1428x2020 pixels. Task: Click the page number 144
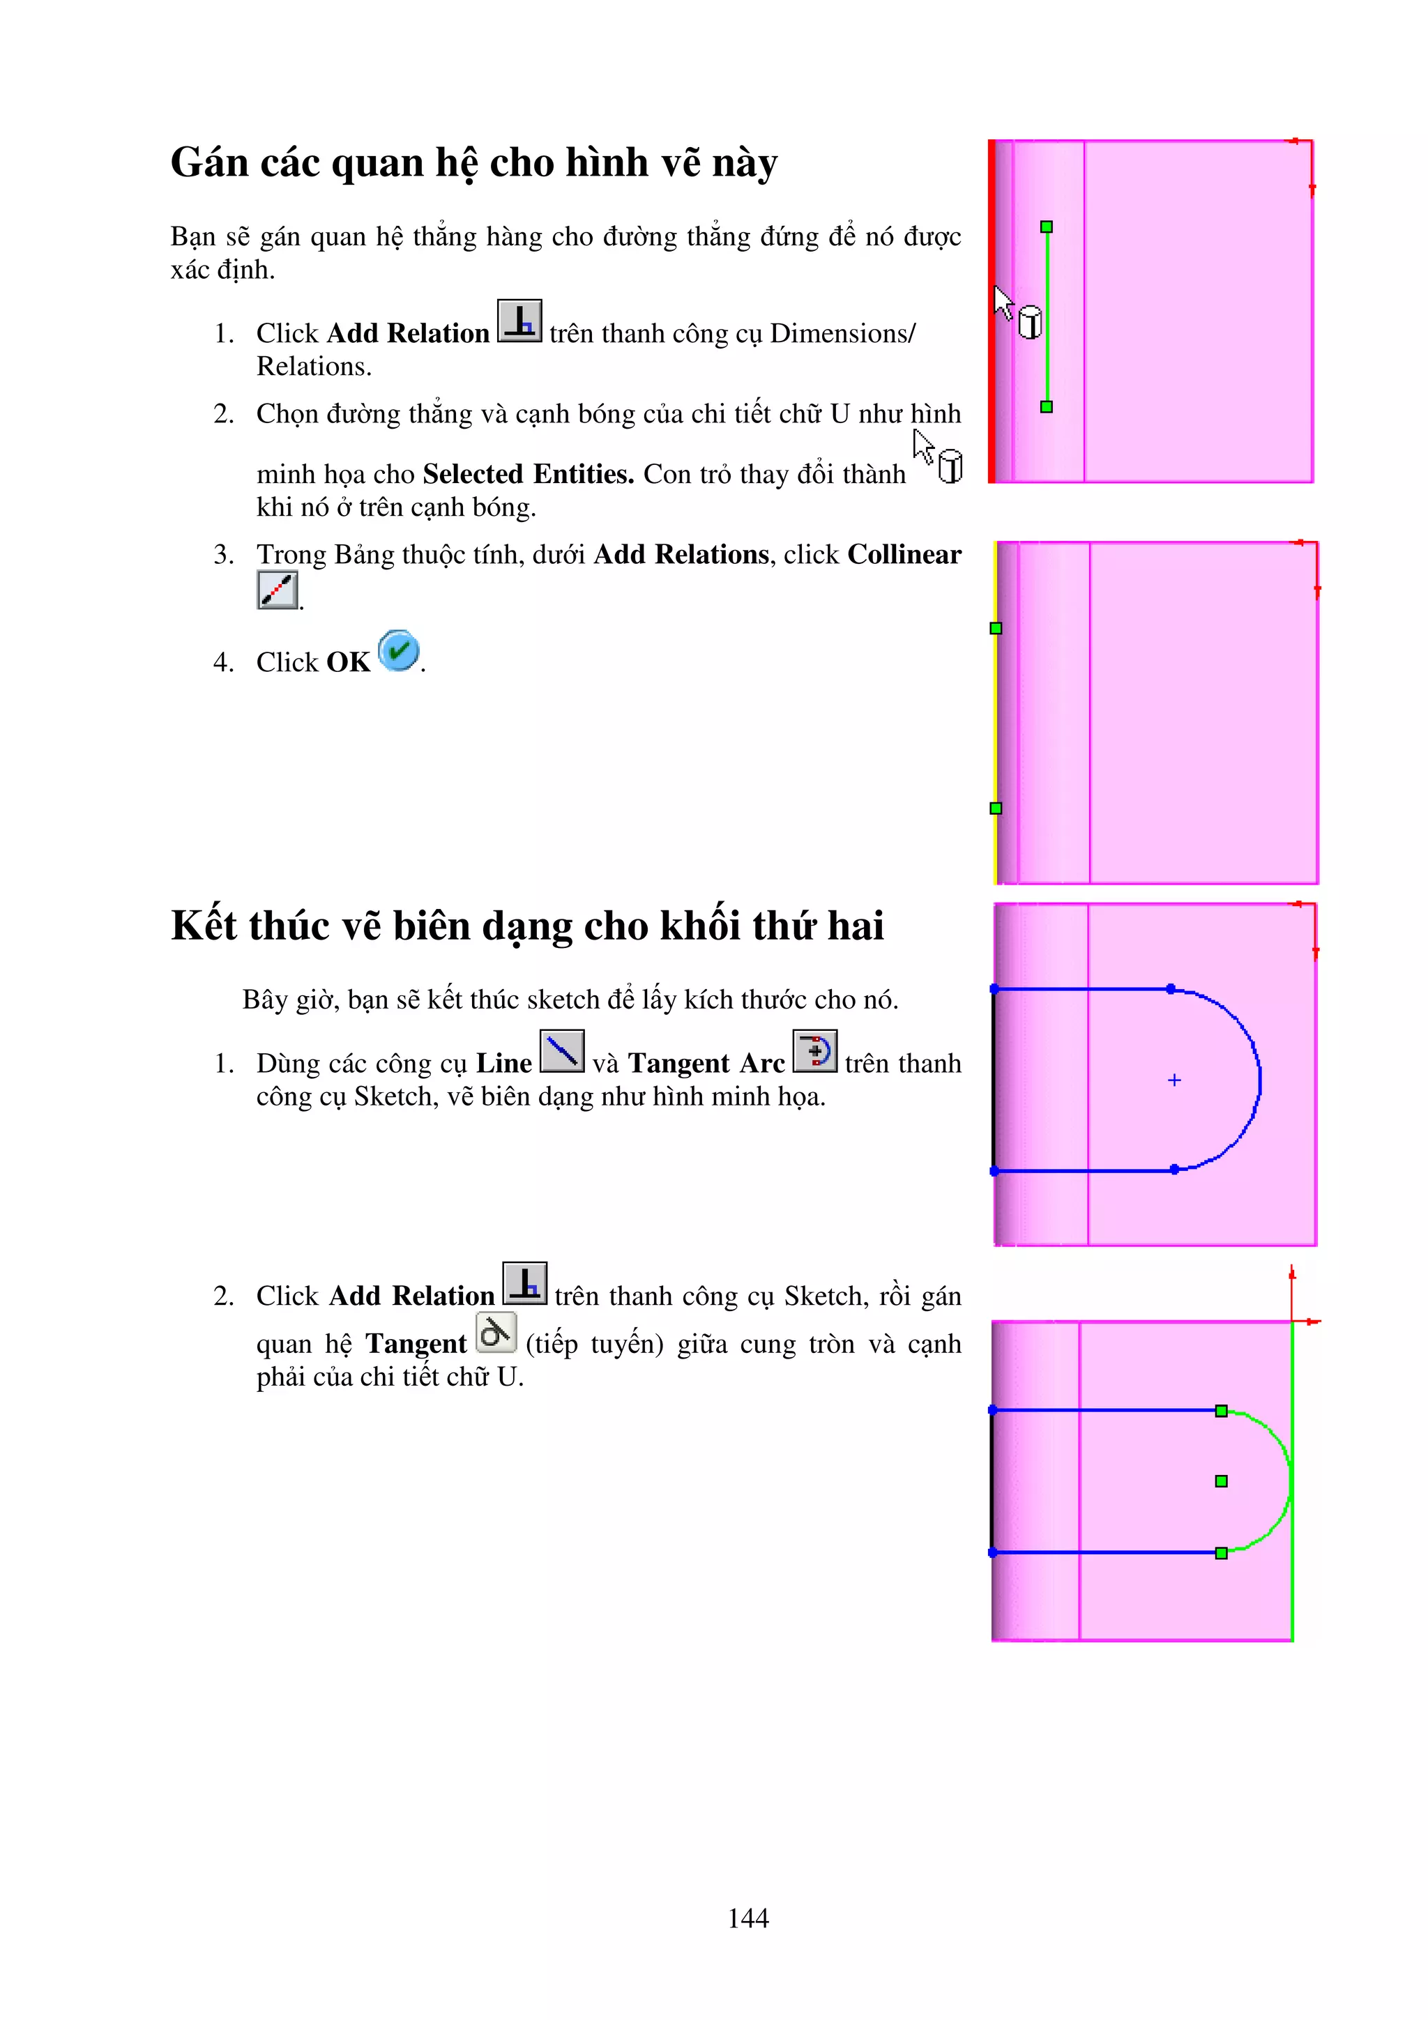[x=748, y=1918]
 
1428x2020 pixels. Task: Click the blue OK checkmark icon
[x=399, y=651]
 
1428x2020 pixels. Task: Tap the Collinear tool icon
[x=277, y=590]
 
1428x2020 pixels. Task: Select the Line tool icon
[x=561, y=1051]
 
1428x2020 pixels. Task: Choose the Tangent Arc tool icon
[x=814, y=1051]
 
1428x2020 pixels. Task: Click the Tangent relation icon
[x=495, y=1333]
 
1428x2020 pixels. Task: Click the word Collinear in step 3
[x=904, y=555]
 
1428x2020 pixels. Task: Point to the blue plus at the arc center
[x=1173, y=1080]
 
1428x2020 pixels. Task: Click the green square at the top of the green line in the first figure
[x=1046, y=227]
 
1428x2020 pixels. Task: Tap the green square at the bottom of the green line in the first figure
[x=1046, y=406]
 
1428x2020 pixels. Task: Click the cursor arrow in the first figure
[x=1002, y=302]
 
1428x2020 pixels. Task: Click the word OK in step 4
[x=349, y=662]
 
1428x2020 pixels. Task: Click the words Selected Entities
[x=528, y=474]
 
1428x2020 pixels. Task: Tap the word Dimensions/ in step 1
[x=842, y=333]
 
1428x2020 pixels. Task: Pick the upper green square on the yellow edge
[x=996, y=628]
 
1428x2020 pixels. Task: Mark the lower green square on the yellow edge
[x=996, y=809]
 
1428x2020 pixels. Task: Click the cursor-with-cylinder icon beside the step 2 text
[x=937, y=457]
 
